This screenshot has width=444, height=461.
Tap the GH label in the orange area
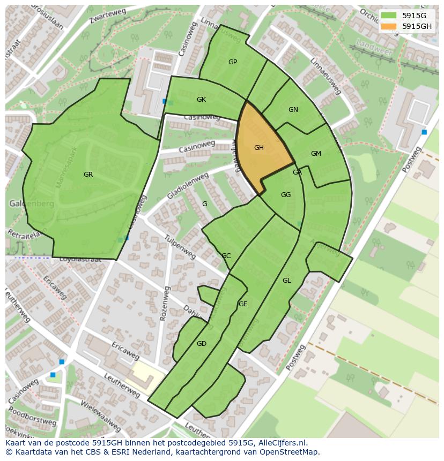click(x=259, y=148)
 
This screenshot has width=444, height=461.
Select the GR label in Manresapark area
click(x=88, y=175)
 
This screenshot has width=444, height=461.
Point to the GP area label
click(x=233, y=62)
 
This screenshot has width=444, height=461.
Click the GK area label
click(x=201, y=100)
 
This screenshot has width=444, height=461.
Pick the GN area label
click(x=293, y=110)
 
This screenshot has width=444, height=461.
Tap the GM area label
click(x=316, y=154)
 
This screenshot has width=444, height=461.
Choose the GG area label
click(x=286, y=195)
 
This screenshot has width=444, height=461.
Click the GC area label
click(x=226, y=256)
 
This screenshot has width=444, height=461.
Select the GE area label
click(x=243, y=304)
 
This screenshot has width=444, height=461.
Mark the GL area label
click(x=287, y=281)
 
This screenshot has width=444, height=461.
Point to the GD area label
click(x=201, y=344)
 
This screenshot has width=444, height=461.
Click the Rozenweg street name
click(x=164, y=303)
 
